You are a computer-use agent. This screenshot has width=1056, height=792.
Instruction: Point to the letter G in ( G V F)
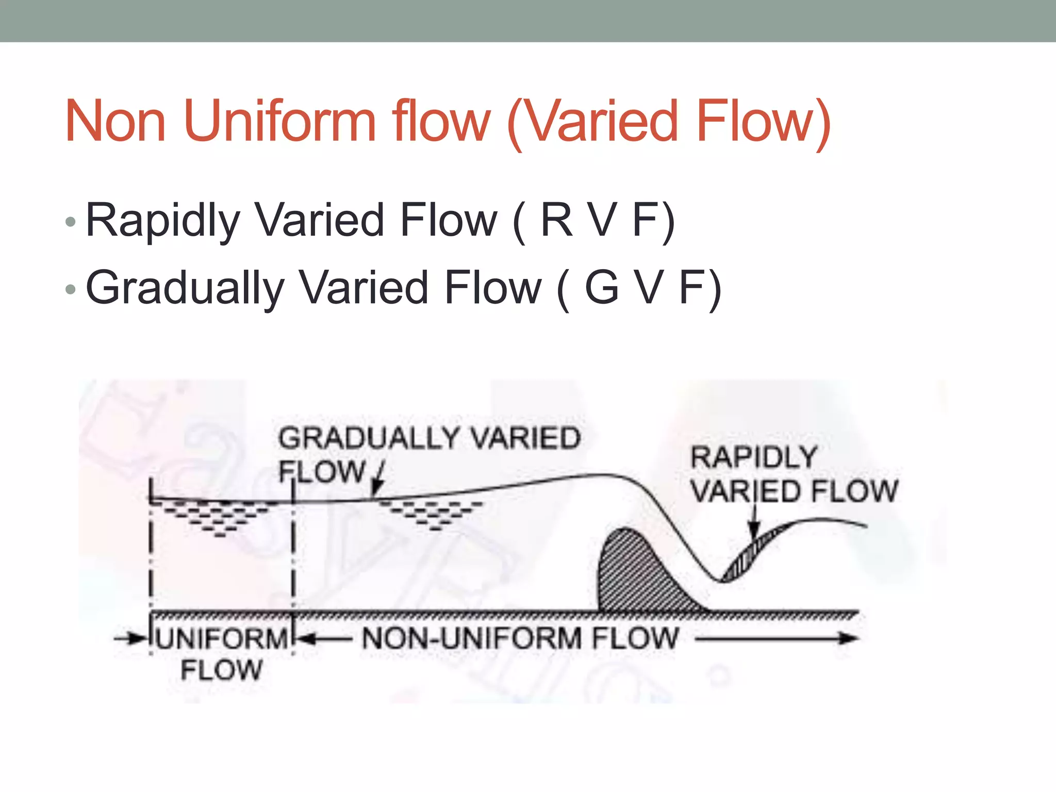click(x=602, y=287)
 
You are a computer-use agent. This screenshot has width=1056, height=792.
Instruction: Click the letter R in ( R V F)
click(x=556, y=220)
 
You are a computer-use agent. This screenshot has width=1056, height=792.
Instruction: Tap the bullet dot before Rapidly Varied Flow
click(x=71, y=222)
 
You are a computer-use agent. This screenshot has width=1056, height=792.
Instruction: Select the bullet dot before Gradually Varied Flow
click(x=71, y=289)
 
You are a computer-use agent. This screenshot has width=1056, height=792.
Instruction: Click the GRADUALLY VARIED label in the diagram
click(x=430, y=438)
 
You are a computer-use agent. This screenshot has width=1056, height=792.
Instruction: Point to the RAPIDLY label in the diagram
click(x=754, y=457)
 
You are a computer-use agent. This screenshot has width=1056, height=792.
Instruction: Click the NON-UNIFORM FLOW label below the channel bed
click(x=520, y=638)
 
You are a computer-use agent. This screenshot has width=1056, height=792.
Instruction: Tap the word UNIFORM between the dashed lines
click(x=222, y=639)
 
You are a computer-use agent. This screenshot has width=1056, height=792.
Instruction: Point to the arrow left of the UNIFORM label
click(x=131, y=639)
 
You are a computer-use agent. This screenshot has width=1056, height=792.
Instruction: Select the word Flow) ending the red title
click(x=763, y=122)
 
